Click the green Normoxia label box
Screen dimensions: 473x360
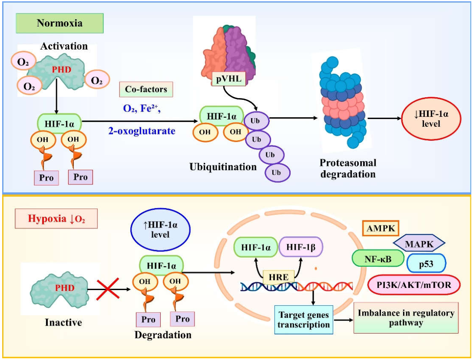pyautogui.click(x=60, y=23)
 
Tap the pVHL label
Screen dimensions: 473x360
pyautogui.click(x=228, y=79)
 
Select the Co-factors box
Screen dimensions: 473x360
pyautogui.click(x=146, y=89)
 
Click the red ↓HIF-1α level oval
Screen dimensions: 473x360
pyautogui.click(x=431, y=119)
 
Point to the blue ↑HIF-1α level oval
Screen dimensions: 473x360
pyautogui.click(x=160, y=230)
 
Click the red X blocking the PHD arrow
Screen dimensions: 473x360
pyautogui.click(x=108, y=289)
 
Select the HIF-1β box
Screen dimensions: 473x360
pyautogui.click(x=301, y=247)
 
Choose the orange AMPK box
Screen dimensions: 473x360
pyautogui.click(x=380, y=228)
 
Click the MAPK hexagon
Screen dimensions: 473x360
pyautogui.click(x=419, y=244)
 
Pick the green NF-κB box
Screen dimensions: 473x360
pyautogui.click(x=378, y=259)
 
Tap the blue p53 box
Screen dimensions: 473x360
pyautogui.click(x=426, y=264)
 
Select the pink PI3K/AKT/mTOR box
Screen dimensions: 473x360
pyautogui.click(x=414, y=284)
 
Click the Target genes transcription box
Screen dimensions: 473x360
pyautogui.click(x=304, y=320)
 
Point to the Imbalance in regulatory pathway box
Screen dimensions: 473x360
pyautogui.click(x=406, y=318)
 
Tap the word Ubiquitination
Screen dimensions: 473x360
pyautogui.click(x=223, y=167)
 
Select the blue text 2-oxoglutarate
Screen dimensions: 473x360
pyautogui.click(x=142, y=131)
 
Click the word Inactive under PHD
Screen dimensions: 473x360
pyautogui.click(x=63, y=322)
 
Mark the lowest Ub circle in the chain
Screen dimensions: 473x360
pyautogui.click(x=278, y=173)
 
